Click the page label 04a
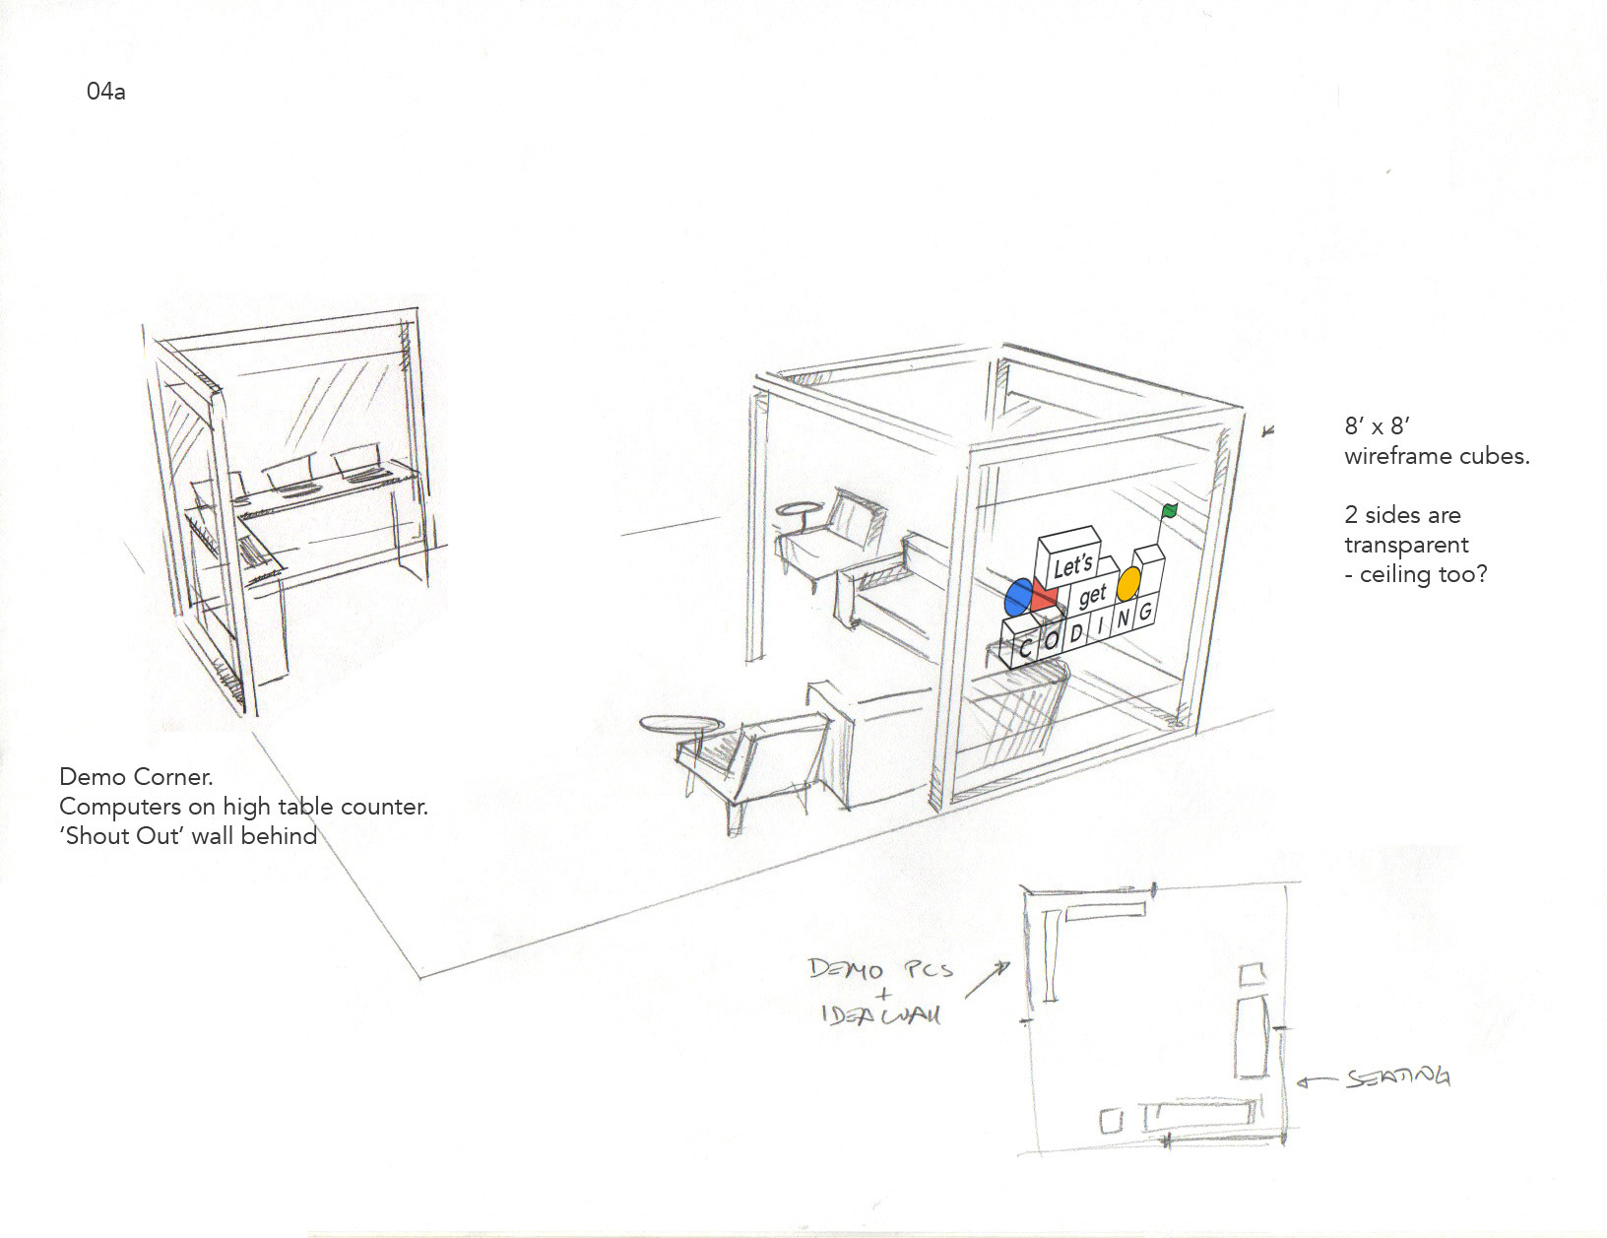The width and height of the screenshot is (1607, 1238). [105, 93]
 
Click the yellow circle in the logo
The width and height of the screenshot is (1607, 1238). [1128, 584]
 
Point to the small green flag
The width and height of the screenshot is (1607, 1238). [1169, 511]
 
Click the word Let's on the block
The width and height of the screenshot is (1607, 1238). [1072, 566]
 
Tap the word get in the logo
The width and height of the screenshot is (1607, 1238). [1092, 596]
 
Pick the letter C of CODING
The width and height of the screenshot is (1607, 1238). [1025, 649]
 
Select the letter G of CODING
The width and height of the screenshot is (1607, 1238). [1145, 613]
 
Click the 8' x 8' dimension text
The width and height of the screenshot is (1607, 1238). [1378, 426]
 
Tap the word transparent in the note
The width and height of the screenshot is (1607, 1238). [1406, 545]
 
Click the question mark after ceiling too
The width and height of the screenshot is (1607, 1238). [1480, 574]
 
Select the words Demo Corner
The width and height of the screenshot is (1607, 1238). [136, 777]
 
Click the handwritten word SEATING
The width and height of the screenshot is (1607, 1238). [1398, 1077]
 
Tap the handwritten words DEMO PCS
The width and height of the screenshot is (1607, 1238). [880, 969]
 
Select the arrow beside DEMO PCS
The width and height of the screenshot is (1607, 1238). [988, 980]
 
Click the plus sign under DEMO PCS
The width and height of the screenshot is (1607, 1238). [883, 995]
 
